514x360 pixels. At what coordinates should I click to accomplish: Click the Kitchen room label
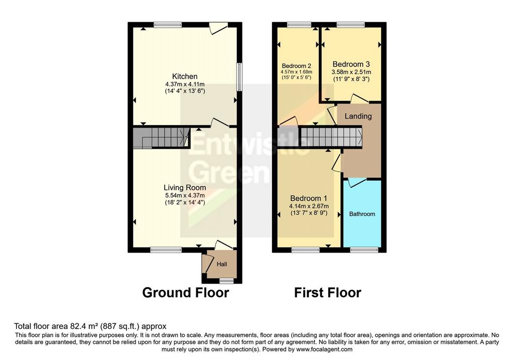[x=185, y=76]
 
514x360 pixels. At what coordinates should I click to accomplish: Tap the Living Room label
[x=185, y=188]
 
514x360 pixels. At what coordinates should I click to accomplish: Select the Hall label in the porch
[x=222, y=264]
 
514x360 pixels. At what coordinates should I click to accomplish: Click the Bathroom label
[x=362, y=214]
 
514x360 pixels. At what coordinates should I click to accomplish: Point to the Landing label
[x=358, y=116]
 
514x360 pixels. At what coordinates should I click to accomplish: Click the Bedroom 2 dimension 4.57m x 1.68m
[x=296, y=72]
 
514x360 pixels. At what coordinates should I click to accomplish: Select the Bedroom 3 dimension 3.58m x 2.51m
[x=351, y=72]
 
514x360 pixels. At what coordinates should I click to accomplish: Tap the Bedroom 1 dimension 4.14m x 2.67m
[x=309, y=206]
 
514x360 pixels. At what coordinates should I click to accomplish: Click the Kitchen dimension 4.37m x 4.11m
[x=185, y=84]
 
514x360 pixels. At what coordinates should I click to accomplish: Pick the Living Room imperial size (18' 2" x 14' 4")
[x=185, y=203]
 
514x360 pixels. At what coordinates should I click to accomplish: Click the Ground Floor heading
[x=186, y=292]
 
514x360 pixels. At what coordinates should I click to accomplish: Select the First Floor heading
[x=327, y=292]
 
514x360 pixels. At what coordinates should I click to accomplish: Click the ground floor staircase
[x=161, y=138]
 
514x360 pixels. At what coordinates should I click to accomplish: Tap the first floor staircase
[x=332, y=137]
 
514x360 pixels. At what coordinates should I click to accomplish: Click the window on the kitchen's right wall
[x=239, y=76]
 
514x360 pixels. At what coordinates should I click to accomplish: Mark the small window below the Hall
[x=226, y=281]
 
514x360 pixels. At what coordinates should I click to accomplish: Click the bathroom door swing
[x=357, y=182]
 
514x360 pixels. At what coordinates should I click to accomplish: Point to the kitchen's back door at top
[x=218, y=28]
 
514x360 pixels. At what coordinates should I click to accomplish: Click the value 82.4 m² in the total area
[x=84, y=326]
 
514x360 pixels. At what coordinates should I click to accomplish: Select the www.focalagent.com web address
[x=324, y=349]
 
